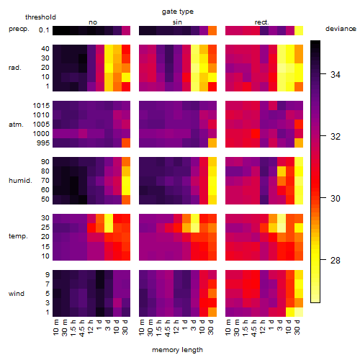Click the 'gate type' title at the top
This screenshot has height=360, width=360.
[x=178, y=12]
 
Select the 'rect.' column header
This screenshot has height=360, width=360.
[x=262, y=22]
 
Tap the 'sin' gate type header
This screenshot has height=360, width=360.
[x=177, y=22]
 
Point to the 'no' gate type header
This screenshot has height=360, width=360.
[x=93, y=22]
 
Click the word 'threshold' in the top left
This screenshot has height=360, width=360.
[x=40, y=17]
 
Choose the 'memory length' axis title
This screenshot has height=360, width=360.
[x=177, y=350]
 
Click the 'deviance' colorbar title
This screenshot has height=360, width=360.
[x=341, y=29]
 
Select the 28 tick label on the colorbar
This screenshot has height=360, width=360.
[x=336, y=260]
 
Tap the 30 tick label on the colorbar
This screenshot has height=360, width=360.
[x=336, y=199]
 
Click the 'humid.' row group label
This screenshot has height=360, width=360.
[x=20, y=181]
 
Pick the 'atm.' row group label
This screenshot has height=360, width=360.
[x=16, y=125]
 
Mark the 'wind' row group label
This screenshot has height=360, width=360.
[x=17, y=294]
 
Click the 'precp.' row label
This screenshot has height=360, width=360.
[x=19, y=29]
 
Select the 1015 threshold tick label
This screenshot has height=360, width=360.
[x=41, y=106]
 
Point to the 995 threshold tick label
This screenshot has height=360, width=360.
[x=43, y=143]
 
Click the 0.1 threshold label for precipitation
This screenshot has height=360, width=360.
[x=44, y=30]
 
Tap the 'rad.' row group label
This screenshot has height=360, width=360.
[x=15, y=68]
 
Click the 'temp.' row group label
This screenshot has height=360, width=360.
[x=18, y=236]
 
